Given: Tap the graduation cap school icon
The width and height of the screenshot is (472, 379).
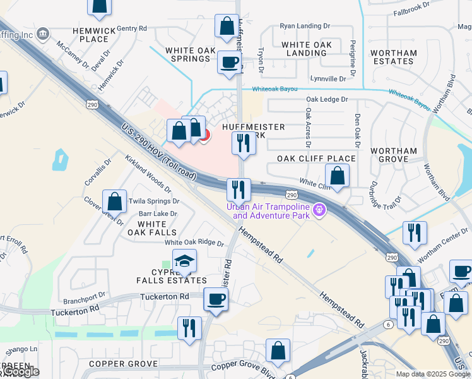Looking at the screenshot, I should tap(184, 262).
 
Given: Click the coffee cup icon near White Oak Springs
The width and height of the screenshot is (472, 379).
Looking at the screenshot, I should tap(228, 63).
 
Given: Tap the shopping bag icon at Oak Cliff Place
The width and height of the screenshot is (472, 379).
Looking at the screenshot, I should tap(338, 176).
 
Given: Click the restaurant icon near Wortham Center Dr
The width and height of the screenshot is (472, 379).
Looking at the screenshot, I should tap(415, 232).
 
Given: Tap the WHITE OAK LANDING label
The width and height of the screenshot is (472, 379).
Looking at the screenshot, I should tap(306, 49).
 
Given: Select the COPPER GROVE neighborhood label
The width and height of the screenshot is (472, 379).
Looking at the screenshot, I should tap(123, 364).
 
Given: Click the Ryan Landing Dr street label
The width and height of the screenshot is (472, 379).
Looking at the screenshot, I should tap(305, 27).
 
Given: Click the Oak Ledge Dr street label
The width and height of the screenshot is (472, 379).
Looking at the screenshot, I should tap(327, 100).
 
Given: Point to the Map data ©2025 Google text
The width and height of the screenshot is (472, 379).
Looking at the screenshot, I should tap(433, 374).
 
